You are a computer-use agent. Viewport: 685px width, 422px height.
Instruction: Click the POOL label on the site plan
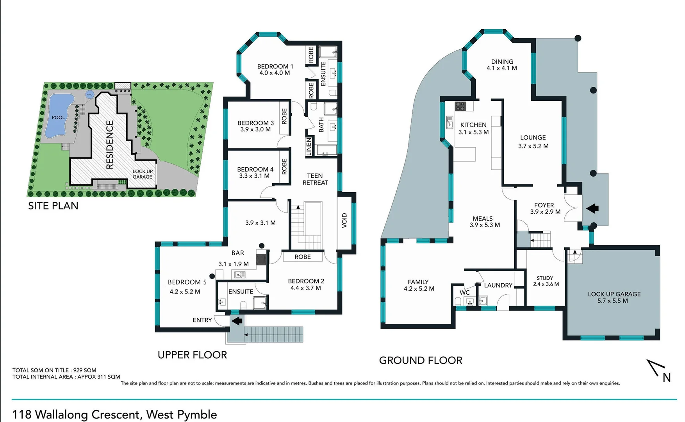click(x=58, y=117)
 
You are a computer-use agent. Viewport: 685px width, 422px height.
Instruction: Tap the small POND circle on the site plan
click(x=89, y=95)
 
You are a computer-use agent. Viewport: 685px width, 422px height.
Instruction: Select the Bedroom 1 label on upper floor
click(x=275, y=66)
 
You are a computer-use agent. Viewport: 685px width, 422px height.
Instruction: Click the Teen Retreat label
click(x=315, y=179)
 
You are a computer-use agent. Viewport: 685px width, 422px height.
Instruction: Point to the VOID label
click(x=344, y=220)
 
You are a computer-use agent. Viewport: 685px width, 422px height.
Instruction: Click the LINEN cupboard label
click(x=309, y=147)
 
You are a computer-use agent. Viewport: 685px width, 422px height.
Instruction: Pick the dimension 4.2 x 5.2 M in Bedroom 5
click(x=185, y=291)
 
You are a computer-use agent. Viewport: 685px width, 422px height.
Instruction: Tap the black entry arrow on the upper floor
click(x=237, y=321)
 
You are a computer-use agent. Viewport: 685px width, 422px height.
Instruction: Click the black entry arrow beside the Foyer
click(x=592, y=208)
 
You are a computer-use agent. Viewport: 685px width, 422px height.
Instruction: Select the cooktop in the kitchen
click(x=460, y=106)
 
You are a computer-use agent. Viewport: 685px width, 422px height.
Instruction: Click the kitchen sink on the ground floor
click(x=450, y=122)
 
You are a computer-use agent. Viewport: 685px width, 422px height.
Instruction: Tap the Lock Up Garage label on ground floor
click(x=614, y=294)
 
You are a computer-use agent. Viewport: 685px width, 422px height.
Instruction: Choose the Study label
click(x=545, y=278)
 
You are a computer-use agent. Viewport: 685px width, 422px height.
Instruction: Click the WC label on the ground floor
click(x=464, y=292)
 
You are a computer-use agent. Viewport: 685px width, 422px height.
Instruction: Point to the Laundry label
click(x=498, y=285)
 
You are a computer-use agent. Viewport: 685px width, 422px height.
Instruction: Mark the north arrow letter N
click(x=667, y=377)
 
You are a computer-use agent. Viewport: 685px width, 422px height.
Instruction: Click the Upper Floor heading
click(x=192, y=355)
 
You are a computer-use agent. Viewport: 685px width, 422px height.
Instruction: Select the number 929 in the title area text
click(x=78, y=370)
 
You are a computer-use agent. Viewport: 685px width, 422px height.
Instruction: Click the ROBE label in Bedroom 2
click(x=303, y=257)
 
